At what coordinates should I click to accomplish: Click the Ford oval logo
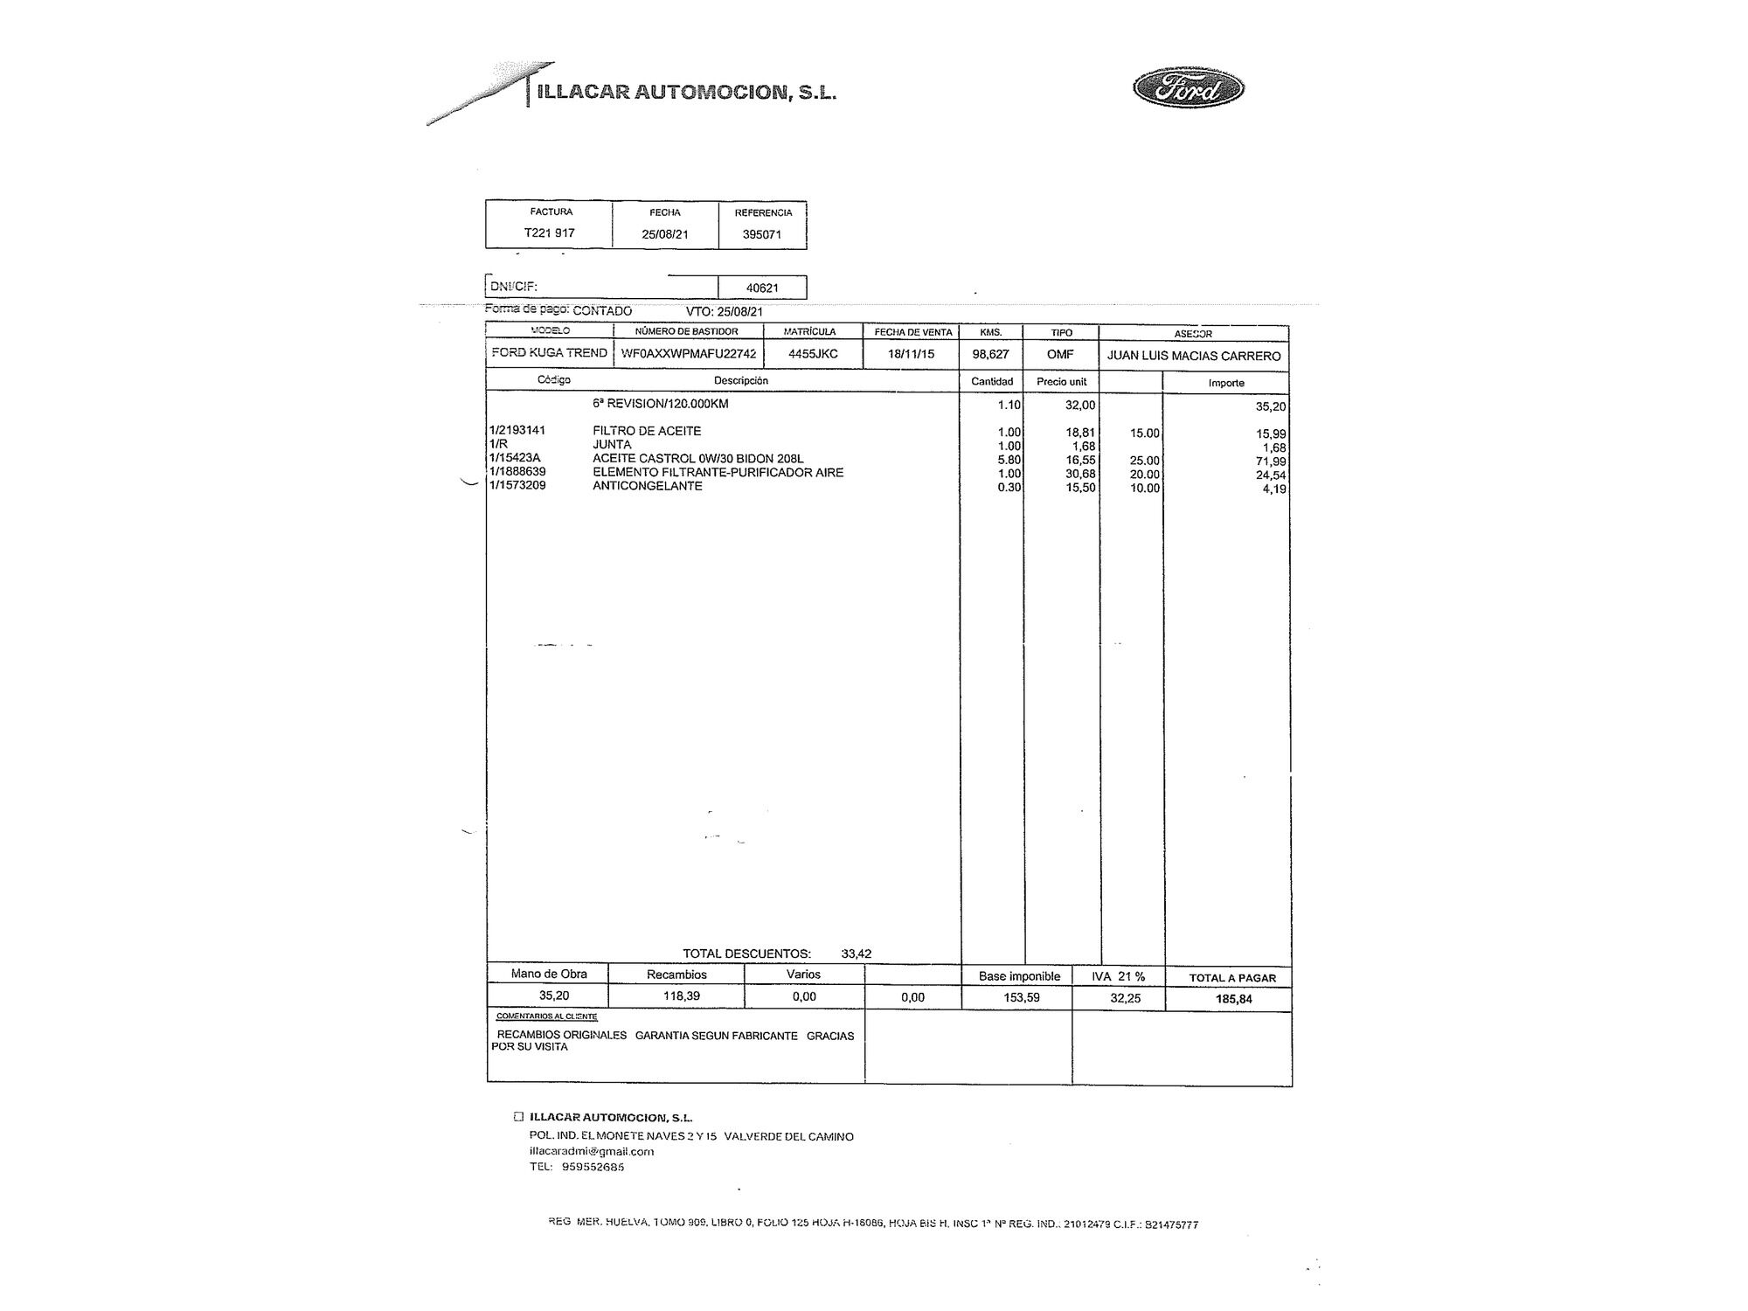tap(1189, 89)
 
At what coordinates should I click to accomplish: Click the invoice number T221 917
tap(549, 233)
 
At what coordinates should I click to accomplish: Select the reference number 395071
tap(761, 234)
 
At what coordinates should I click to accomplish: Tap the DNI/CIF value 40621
tap(762, 288)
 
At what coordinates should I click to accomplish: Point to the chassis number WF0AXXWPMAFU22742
tap(689, 354)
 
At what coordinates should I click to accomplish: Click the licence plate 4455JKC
tap(813, 354)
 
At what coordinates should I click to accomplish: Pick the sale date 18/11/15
tap(911, 354)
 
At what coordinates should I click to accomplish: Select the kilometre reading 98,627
tap(990, 354)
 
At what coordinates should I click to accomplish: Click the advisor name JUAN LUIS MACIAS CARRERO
tap(1194, 356)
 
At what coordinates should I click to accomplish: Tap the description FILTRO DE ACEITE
tap(647, 431)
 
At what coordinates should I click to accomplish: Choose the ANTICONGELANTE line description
tap(648, 486)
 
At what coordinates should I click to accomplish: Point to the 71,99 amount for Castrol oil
tap(1271, 461)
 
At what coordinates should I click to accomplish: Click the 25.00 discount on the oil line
tap(1144, 461)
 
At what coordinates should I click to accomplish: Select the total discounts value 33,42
tap(857, 954)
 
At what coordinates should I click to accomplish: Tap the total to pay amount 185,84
tap(1233, 999)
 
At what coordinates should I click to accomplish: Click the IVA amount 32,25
tap(1126, 998)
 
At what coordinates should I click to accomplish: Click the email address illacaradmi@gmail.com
tap(592, 1151)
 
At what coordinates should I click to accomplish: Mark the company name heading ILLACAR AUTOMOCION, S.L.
tap(687, 92)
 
